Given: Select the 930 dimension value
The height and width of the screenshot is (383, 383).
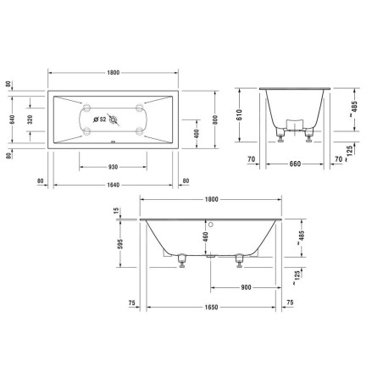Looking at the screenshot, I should (114, 167).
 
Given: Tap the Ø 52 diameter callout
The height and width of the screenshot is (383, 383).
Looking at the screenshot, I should (99, 119).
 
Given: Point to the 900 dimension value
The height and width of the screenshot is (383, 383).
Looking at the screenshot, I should (245, 286).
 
